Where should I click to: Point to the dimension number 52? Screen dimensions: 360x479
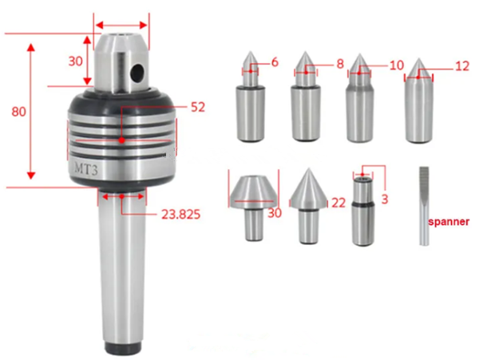pos(198,106)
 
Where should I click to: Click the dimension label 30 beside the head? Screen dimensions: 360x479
pos(75,61)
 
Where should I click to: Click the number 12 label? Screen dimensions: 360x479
pos(461,67)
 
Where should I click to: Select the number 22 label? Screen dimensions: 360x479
pos(338,204)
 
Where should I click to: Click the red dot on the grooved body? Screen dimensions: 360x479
pos(121,140)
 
